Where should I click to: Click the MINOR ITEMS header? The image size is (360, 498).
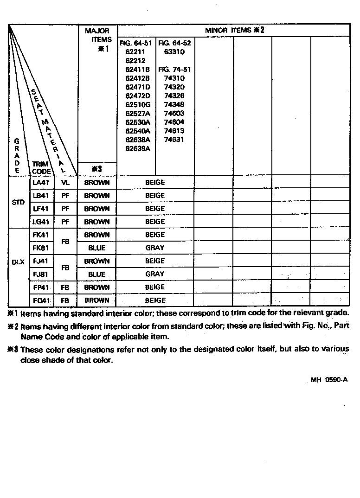(234, 31)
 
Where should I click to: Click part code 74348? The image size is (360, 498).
(174, 105)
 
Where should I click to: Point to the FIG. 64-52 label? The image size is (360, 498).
(174, 43)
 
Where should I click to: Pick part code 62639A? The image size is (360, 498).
(137, 149)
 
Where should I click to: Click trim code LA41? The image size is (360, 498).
(41, 183)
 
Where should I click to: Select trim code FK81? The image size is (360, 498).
(41, 248)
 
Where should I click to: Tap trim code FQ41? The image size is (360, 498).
(41, 300)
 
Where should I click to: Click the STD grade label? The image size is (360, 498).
(18, 203)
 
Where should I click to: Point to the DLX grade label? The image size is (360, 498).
(18, 262)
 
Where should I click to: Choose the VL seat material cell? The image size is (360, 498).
(65, 183)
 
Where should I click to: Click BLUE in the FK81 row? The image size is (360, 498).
(97, 248)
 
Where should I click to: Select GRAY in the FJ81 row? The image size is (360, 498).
(155, 274)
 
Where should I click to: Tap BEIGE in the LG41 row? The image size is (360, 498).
(155, 222)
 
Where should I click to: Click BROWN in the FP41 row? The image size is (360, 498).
(97, 287)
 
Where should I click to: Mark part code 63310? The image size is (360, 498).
(174, 52)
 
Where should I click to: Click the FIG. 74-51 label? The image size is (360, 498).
(174, 70)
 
